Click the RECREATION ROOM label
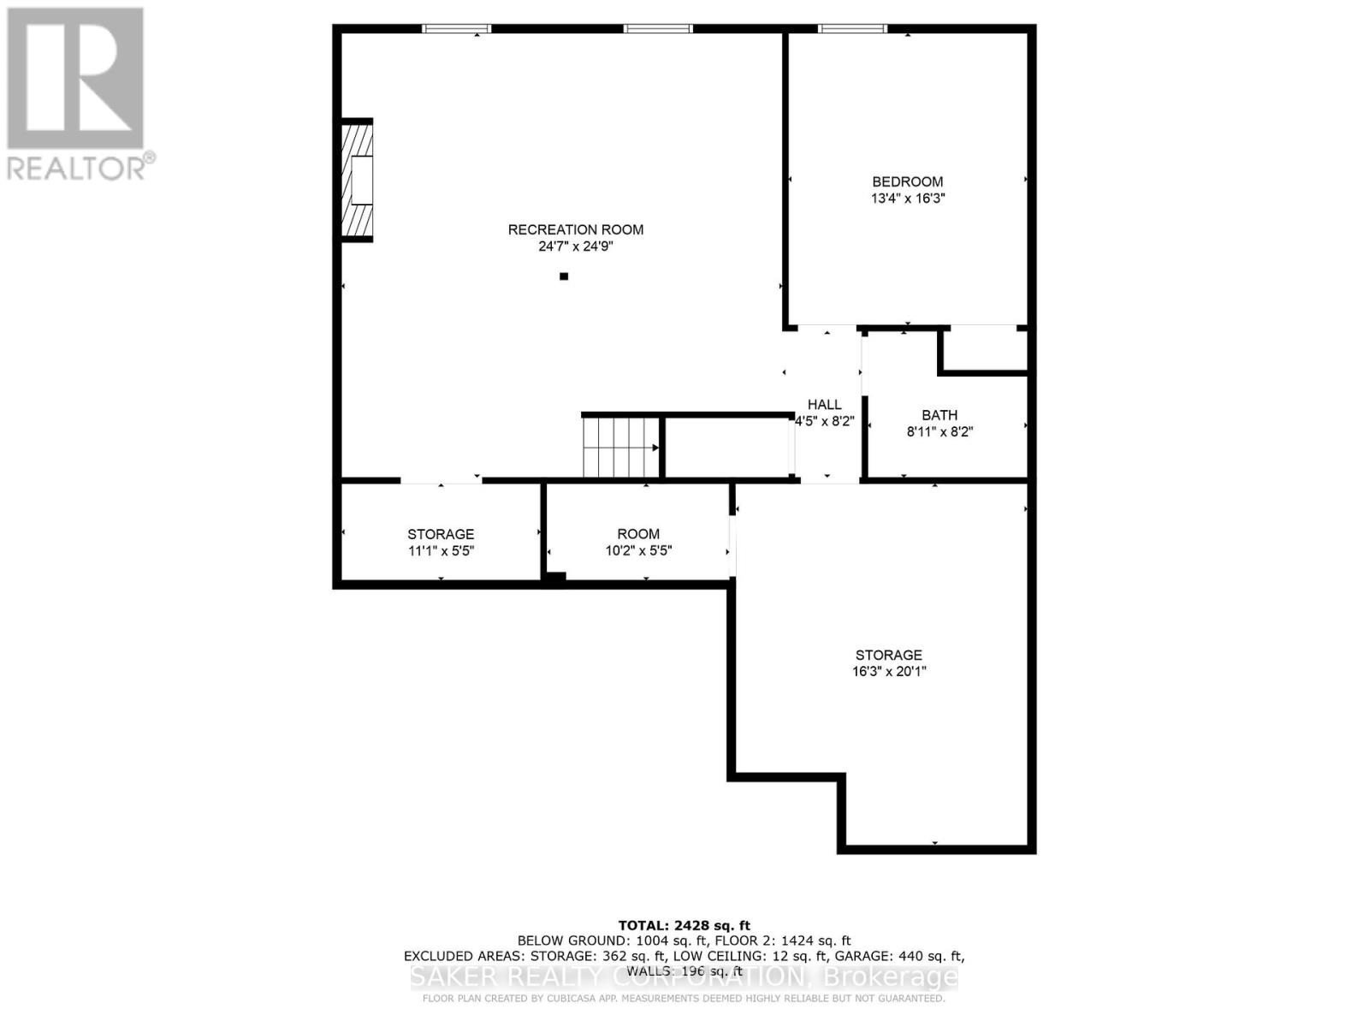(x=575, y=229)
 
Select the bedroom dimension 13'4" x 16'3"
(x=907, y=199)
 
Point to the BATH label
(x=939, y=415)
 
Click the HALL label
(x=825, y=405)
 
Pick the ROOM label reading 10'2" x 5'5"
(x=638, y=534)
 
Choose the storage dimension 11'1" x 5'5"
(x=441, y=551)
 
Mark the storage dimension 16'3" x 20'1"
(x=889, y=672)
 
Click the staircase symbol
(x=620, y=447)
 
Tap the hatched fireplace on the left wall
(x=358, y=180)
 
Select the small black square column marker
(x=564, y=276)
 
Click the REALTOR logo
(x=77, y=94)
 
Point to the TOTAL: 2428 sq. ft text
(x=684, y=925)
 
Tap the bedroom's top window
(x=853, y=29)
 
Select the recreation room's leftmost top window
(x=457, y=29)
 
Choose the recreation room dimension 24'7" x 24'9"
(x=575, y=246)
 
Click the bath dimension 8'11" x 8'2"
(x=939, y=432)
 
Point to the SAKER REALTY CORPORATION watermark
(x=684, y=977)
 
